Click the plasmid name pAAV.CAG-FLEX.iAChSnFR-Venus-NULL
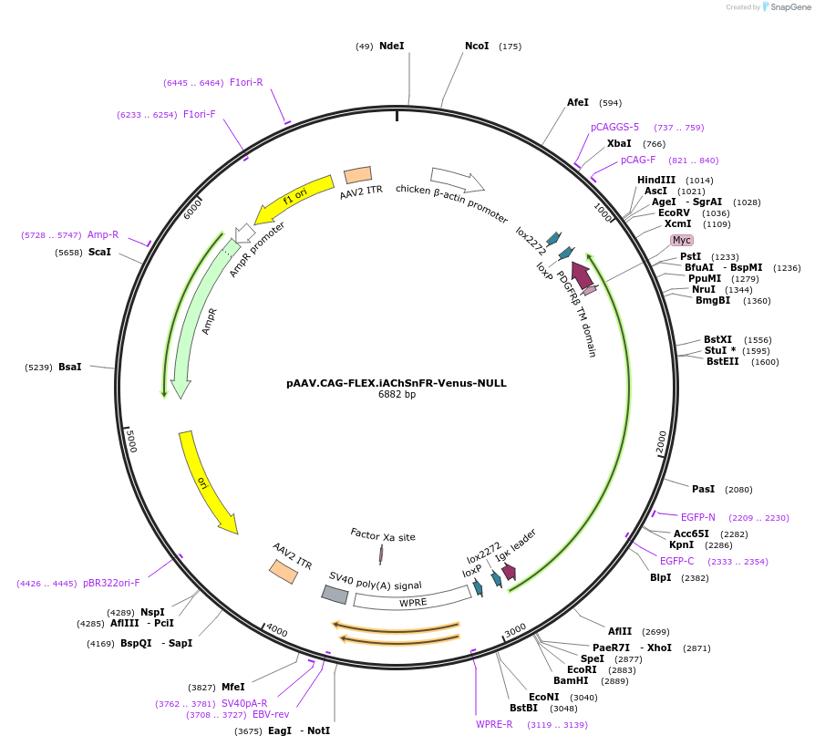coord(397,383)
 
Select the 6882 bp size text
coord(397,395)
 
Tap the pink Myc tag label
coord(681,240)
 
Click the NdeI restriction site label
coord(391,46)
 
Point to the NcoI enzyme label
coord(477,46)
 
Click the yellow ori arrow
coord(207,482)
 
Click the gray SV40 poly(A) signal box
coord(335,595)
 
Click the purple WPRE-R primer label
coord(494,724)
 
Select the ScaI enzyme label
coord(99,252)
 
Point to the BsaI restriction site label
coord(70,367)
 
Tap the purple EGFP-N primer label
coord(697,517)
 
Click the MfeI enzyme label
coord(232,687)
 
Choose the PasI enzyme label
coord(703,489)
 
